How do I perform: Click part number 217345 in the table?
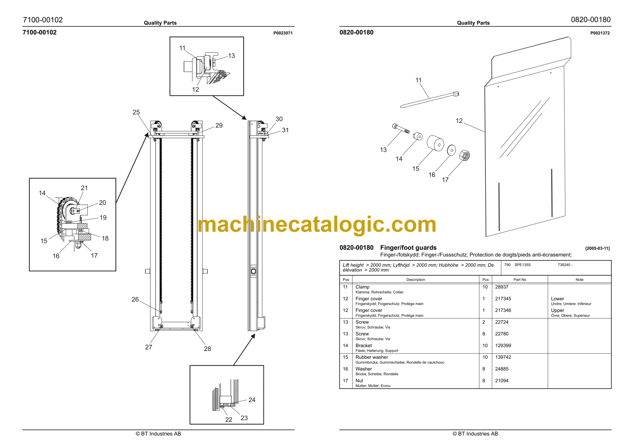503,299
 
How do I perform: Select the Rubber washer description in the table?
372,357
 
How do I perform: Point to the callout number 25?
136,112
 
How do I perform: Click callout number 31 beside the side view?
285,130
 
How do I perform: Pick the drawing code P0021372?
600,33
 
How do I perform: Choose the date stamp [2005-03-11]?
597,248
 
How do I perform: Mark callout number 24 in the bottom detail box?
252,400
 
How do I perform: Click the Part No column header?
520,280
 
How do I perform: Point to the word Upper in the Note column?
557,310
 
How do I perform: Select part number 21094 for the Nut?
502,381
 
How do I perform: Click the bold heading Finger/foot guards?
408,248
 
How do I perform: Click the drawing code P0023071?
283,33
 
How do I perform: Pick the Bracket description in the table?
363,346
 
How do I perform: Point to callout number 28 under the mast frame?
207,349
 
